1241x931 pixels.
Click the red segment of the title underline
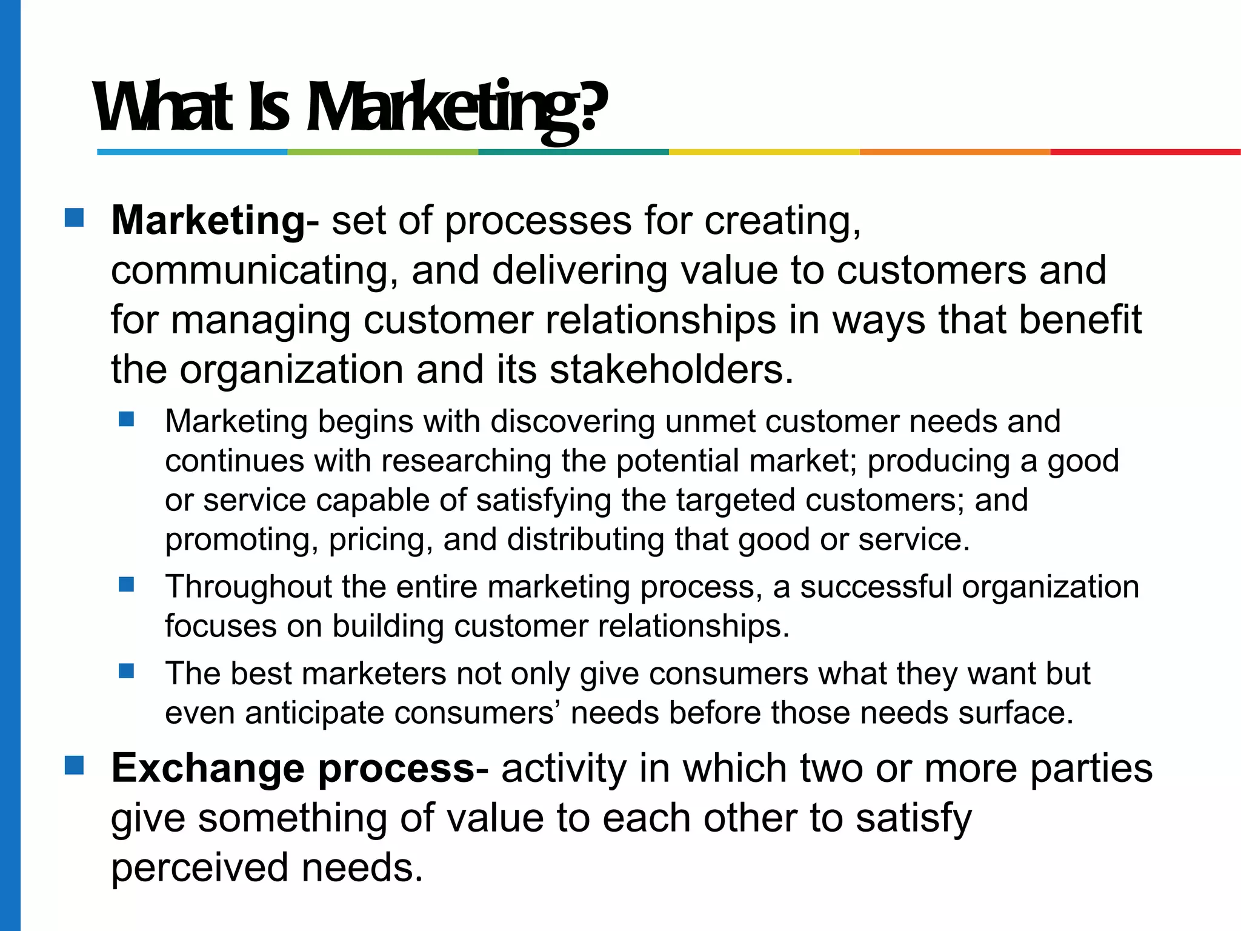tap(1145, 152)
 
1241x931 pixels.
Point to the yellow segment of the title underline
tap(764, 152)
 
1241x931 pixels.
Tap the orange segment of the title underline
tap(954, 152)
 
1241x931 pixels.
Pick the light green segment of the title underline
tap(382, 152)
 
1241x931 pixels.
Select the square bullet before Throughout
tap(127, 584)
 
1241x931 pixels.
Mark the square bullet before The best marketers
tap(127, 671)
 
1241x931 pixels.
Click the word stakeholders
tap(671, 370)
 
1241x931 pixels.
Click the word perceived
tap(200, 869)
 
